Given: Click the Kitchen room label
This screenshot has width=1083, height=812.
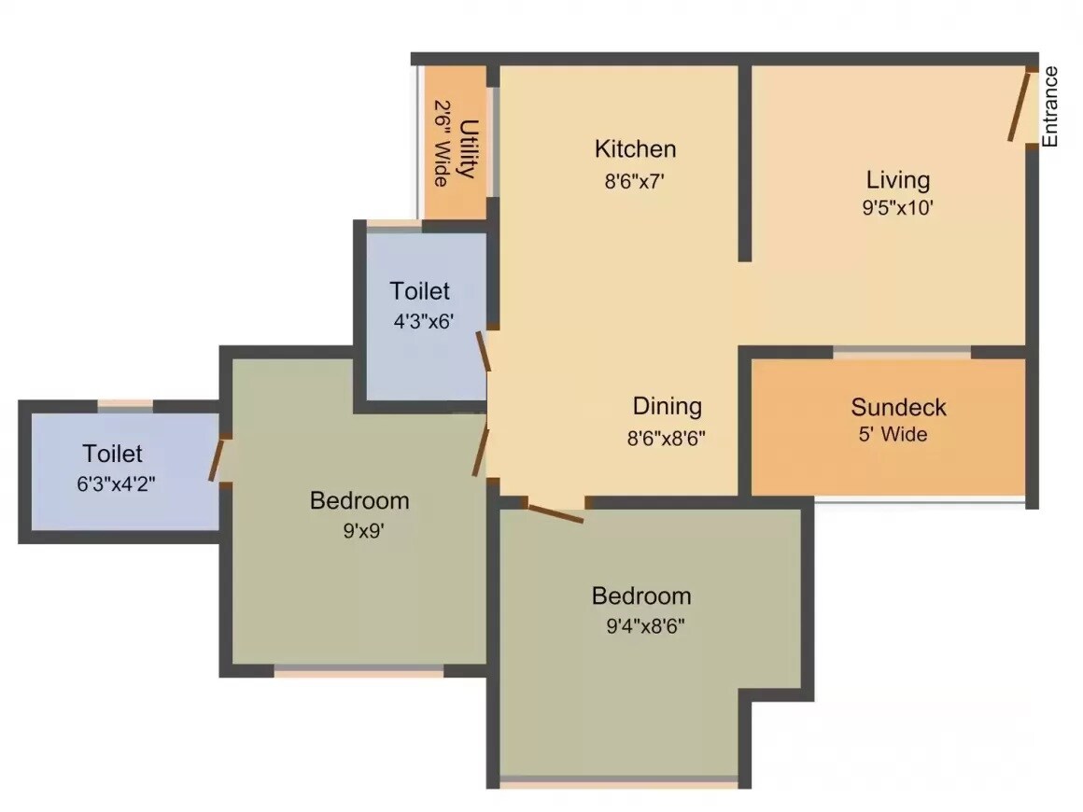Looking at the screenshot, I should click(x=635, y=149).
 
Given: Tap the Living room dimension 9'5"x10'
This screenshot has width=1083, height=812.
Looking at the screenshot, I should click(x=897, y=208).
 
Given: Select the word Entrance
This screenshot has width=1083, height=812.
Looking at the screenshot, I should click(x=1050, y=106).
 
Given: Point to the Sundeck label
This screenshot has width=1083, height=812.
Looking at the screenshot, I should click(x=898, y=407).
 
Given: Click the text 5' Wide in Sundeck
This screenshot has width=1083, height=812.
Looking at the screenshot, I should click(x=893, y=434).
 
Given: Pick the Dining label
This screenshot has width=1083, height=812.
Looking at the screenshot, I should click(x=667, y=406).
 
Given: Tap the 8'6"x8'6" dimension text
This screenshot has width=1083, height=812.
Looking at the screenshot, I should click(x=666, y=436).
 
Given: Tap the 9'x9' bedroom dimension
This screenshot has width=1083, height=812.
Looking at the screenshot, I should click(x=359, y=530).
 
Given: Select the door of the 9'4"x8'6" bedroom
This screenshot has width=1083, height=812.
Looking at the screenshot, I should click(x=555, y=511).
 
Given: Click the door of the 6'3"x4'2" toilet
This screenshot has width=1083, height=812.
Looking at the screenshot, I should click(x=217, y=459).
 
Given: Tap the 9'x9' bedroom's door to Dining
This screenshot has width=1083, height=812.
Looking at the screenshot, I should click(x=481, y=452).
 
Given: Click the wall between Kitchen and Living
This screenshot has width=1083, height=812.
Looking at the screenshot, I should click(x=745, y=163).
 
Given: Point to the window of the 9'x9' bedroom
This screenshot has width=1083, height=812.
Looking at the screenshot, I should click(x=359, y=671).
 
